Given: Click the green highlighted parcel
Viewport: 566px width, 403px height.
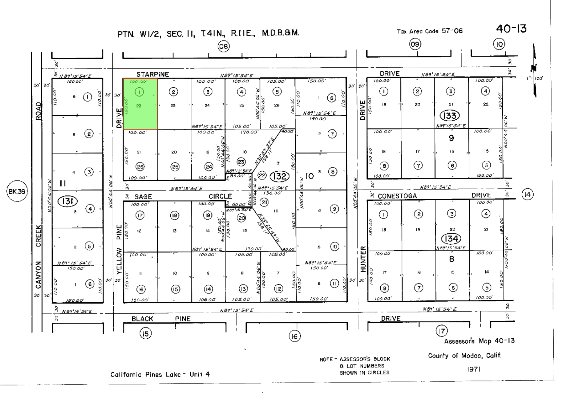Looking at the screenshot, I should point(140,104).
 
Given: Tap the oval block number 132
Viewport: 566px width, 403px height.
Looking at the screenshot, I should point(279,176).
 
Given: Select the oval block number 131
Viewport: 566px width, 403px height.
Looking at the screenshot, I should point(68,201).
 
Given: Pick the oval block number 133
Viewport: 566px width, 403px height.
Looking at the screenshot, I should point(450,116).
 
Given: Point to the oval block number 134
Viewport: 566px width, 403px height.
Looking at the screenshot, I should point(451,239).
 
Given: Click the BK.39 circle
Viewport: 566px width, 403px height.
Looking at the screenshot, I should point(17,191).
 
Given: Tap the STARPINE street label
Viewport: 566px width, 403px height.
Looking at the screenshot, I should point(153,74).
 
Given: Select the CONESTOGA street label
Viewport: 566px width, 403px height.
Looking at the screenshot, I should point(397,196).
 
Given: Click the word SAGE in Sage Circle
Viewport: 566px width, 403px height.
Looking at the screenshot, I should point(143,197).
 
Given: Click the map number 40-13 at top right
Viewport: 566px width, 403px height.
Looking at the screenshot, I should point(511,29).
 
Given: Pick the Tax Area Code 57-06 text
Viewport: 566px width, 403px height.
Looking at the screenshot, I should point(430,31).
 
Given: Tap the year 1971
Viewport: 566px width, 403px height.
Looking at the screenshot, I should point(473,369).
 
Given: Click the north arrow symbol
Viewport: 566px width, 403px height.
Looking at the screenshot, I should point(534,70).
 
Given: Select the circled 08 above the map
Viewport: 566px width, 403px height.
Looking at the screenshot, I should point(223,46).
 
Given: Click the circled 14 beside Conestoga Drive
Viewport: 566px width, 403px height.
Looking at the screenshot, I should point(527,194).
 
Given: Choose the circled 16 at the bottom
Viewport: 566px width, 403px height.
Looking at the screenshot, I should point(294,336).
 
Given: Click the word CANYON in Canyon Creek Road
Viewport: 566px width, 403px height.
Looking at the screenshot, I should point(38,275).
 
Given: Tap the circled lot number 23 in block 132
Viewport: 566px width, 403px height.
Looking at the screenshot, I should point(241,162).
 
